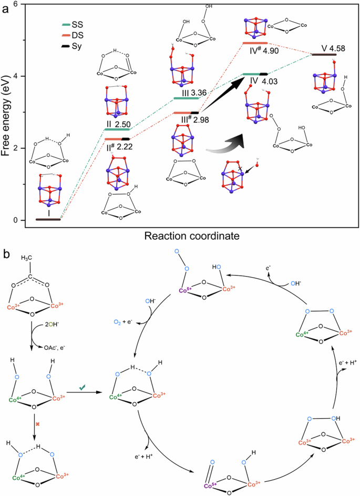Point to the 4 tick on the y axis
coord(17,76)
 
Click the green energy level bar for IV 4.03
coord(252,74)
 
